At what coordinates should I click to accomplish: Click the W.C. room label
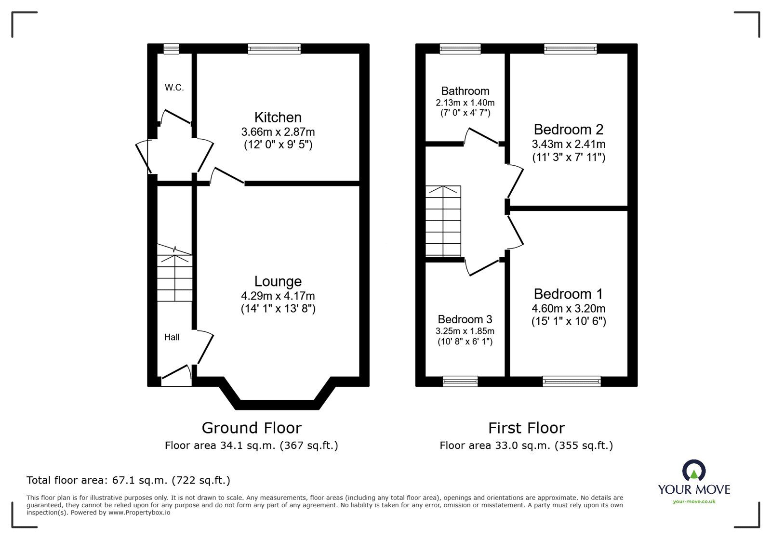pos(174,88)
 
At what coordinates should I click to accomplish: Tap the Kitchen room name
pos(278,117)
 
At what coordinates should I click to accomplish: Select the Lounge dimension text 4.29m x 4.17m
pos(278,296)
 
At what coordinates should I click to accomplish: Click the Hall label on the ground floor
pos(172,337)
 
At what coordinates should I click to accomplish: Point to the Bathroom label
pos(465,91)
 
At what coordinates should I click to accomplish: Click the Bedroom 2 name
pos(569,129)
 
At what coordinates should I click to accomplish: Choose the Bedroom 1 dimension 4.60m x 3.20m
pos(569,308)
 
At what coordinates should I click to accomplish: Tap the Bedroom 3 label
pos(465,319)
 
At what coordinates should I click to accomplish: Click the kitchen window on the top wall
pos(275,48)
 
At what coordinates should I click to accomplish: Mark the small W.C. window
pos(171,48)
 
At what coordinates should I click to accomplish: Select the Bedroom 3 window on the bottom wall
pos(460,381)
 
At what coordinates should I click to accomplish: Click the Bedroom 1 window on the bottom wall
pos(572,381)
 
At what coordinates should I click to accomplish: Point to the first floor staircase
pos(443,222)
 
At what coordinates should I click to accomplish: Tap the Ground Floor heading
pos(252,428)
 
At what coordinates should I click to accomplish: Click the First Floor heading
pos(526,428)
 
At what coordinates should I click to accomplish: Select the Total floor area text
pos(128,480)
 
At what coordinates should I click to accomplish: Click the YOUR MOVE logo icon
pos(694,471)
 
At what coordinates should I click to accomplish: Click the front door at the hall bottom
pos(176,376)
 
